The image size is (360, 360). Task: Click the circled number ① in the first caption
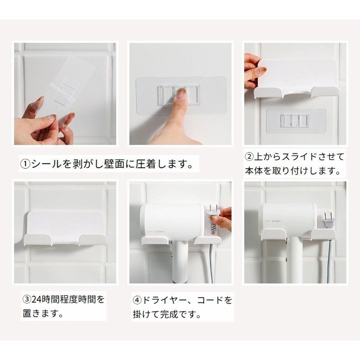click(25, 164)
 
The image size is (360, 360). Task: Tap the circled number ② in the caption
click(250, 157)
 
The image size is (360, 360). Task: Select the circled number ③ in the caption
click(27, 300)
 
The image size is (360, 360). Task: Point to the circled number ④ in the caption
click(137, 300)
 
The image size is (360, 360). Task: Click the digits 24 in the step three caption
click(36, 300)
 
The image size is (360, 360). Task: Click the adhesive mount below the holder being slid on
click(296, 121)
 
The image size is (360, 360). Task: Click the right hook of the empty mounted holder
click(93, 239)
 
